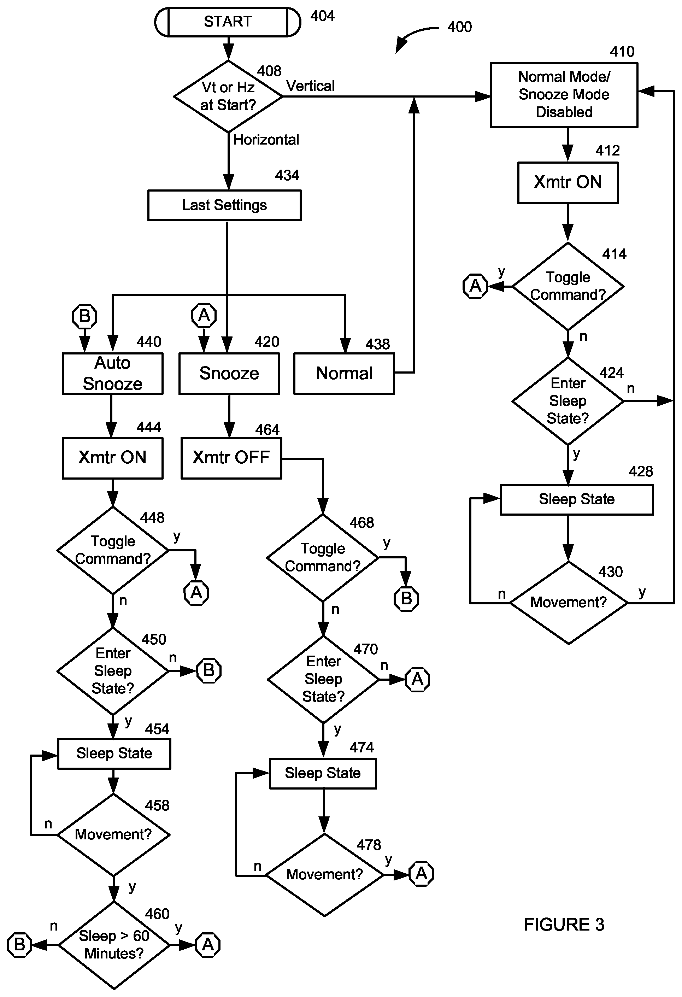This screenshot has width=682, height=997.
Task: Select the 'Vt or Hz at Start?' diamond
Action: (x=228, y=96)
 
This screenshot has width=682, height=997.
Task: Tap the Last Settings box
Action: (x=224, y=205)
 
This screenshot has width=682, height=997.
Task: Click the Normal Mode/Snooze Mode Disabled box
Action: (x=564, y=95)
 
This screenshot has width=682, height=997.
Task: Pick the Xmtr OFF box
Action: (x=231, y=458)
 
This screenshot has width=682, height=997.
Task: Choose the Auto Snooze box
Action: (x=112, y=373)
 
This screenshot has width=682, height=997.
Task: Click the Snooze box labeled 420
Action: (x=229, y=373)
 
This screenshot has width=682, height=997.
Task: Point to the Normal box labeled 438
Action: (x=344, y=373)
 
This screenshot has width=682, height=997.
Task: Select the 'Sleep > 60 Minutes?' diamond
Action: (x=114, y=945)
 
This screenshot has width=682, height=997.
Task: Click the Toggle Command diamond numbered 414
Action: (x=568, y=286)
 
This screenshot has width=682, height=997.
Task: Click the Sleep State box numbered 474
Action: (x=323, y=773)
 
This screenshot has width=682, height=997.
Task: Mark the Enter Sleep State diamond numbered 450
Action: (x=113, y=671)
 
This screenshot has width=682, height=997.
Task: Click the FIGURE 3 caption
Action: (x=564, y=925)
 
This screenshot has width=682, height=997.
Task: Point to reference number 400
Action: (x=459, y=27)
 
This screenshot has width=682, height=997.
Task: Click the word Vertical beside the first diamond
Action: (x=311, y=86)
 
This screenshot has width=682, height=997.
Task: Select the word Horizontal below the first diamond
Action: (x=266, y=140)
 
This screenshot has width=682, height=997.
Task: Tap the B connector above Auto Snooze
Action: (x=84, y=316)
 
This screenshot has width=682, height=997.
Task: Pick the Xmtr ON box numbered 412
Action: (x=568, y=182)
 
